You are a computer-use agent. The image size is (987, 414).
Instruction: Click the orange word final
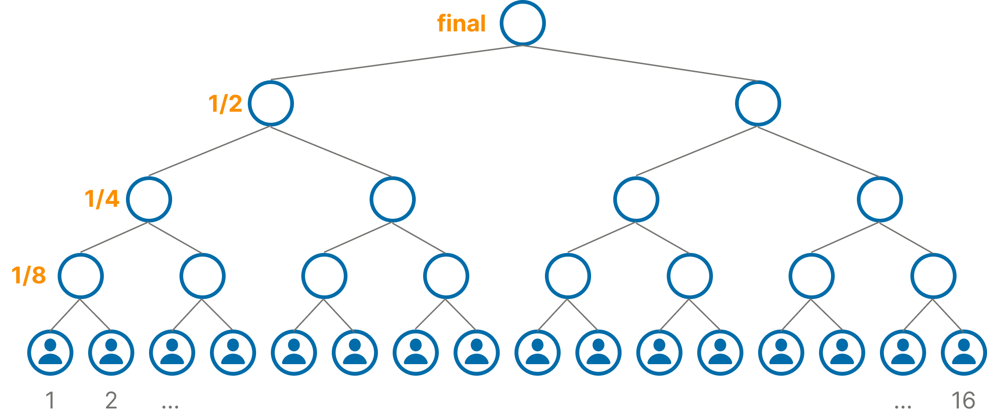click(x=461, y=23)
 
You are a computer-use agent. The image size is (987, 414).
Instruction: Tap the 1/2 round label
click(x=225, y=103)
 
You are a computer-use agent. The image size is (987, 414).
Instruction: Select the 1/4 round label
click(x=102, y=199)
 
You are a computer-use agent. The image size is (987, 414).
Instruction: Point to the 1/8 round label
click(x=29, y=275)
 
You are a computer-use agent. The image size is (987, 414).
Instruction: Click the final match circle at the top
click(x=522, y=23)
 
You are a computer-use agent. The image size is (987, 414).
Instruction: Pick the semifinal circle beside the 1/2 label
click(x=271, y=103)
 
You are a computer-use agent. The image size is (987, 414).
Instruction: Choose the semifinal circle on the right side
click(x=758, y=103)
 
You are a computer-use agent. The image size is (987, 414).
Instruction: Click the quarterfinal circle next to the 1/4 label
click(x=149, y=199)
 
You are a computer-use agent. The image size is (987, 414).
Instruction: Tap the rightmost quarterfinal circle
click(x=879, y=199)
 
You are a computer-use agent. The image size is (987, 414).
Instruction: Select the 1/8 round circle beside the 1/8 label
click(x=81, y=276)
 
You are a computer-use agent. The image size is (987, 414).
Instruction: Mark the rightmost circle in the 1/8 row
click(x=933, y=276)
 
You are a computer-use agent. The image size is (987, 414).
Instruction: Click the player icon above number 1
click(x=50, y=353)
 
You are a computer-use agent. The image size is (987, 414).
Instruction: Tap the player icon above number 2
click(x=111, y=353)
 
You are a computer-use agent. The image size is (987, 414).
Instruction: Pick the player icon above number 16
click(x=963, y=353)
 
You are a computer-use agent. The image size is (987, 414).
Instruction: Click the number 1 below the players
click(x=50, y=401)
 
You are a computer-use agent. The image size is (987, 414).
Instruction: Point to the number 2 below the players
click(x=111, y=401)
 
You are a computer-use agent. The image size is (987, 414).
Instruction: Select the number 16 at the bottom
click(x=963, y=401)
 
